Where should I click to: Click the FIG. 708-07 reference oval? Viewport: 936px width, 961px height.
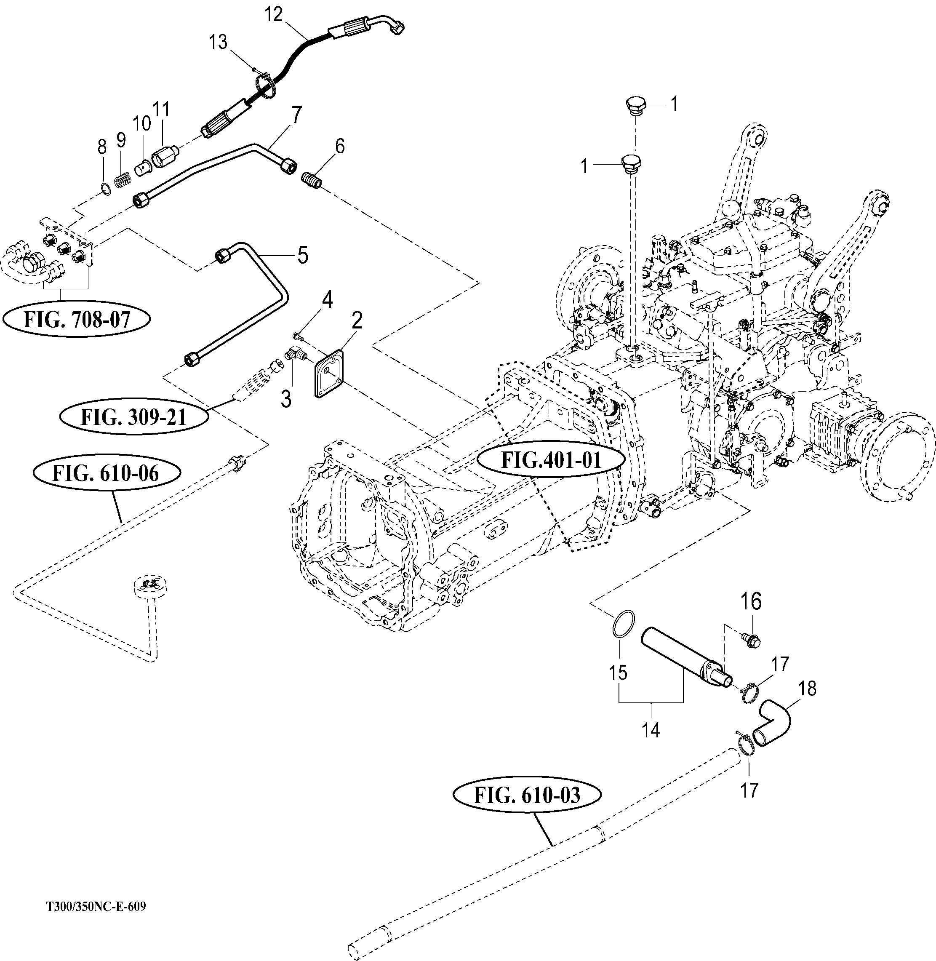pos(77,320)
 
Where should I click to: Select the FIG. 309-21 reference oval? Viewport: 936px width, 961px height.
pos(133,417)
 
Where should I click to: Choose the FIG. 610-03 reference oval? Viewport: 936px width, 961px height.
pos(526,795)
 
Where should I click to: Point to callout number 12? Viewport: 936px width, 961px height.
pos(274,15)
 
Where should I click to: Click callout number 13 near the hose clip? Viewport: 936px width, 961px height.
pos(218,42)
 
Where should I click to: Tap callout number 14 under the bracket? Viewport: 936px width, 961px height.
pos(651,731)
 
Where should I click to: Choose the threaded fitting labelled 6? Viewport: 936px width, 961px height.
pos(311,179)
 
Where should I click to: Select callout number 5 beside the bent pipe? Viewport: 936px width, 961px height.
pos(302,256)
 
